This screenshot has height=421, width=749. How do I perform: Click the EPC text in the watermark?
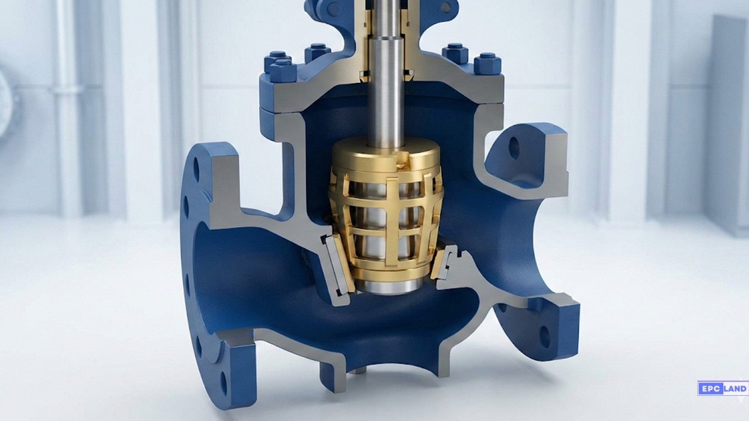click(x=709, y=388)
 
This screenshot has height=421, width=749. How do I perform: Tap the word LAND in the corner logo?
click(x=735, y=388)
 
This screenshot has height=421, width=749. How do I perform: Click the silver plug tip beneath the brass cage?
click(x=389, y=285)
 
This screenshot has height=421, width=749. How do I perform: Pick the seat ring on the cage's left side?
click(x=336, y=266)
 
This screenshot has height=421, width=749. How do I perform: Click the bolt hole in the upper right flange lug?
click(x=514, y=149)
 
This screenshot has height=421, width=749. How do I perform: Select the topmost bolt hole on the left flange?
click(x=195, y=170)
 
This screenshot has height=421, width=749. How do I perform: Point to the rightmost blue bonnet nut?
click(x=487, y=63)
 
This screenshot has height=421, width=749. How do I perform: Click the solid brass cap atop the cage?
click(x=386, y=154)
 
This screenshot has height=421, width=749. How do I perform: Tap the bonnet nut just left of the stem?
click(x=317, y=52)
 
